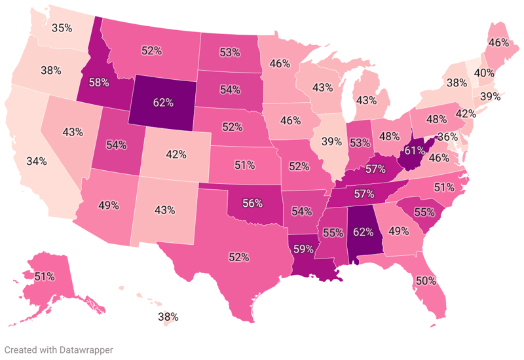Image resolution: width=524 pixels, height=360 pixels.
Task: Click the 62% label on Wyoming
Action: [163, 103]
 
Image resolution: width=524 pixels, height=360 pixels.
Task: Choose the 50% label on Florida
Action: [425, 281]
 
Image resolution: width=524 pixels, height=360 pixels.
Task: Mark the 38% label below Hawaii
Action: [169, 317]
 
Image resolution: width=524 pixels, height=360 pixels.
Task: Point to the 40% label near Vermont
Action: [483, 72]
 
